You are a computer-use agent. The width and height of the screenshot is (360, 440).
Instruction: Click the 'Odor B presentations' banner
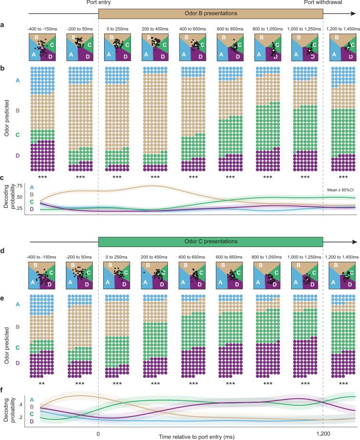tap(211, 14)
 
